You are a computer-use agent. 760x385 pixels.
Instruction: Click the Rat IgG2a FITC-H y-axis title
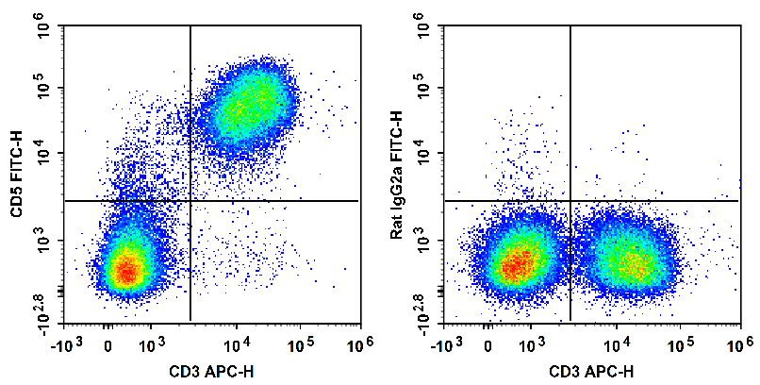[397, 174]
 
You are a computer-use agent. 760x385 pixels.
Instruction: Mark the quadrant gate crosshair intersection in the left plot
[190, 201]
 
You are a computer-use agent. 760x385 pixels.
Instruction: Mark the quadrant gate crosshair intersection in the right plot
[570, 201]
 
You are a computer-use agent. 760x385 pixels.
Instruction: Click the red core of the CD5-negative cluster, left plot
[126, 272]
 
